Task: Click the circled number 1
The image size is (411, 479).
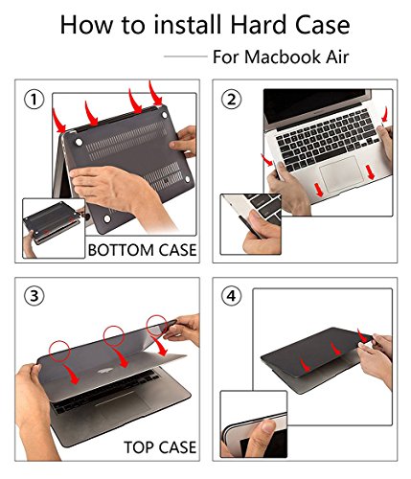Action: coord(35,99)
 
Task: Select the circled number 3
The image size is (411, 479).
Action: coord(35,296)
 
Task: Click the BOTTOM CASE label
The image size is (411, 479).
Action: coord(141,250)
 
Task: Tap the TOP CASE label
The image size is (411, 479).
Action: coord(159,446)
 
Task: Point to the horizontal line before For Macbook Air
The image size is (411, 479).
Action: coord(185,57)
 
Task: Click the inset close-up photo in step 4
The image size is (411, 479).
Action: coord(253,422)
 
